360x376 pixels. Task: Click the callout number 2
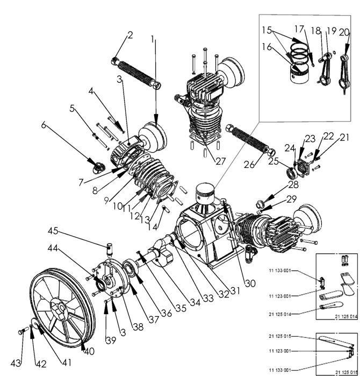[129, 36]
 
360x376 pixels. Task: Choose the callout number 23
[311, 138]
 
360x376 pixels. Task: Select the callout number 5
[72, 108]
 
